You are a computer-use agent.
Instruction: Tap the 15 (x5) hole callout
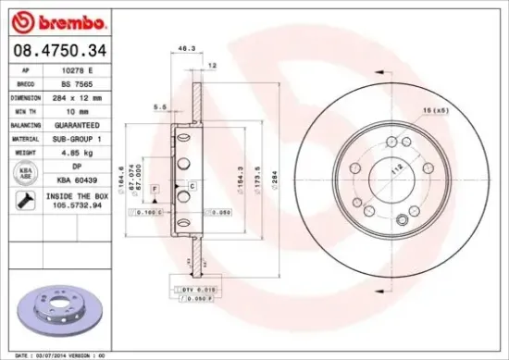pyautogui.click(x=434, y=111)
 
